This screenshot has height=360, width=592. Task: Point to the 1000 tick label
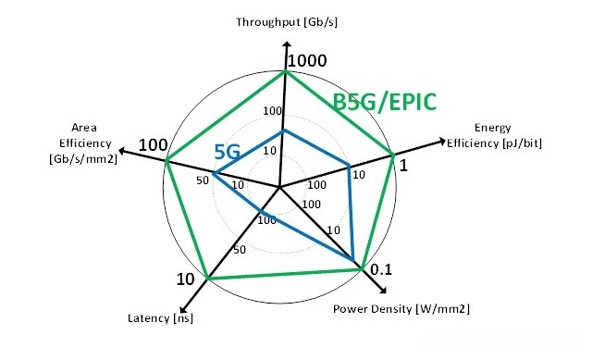pos(308,61)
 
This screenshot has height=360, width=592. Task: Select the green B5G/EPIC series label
pos(384,101)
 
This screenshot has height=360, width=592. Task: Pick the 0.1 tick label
pos(381,270)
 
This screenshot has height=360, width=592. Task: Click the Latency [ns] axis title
pos(160,319)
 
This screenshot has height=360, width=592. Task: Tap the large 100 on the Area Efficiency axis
pos(152,145)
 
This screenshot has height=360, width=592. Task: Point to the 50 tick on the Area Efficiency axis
pos(203,180)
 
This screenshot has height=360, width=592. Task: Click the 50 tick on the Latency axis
pos(239,249)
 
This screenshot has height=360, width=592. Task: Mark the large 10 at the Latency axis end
pos(185,279)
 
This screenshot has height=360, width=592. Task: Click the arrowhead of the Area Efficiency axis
pos(120,151)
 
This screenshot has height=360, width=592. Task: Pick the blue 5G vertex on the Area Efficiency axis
pos(214,173)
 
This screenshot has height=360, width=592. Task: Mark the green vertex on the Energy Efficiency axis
pos(393,154)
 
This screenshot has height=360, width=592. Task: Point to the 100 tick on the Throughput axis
pos(272,112)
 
